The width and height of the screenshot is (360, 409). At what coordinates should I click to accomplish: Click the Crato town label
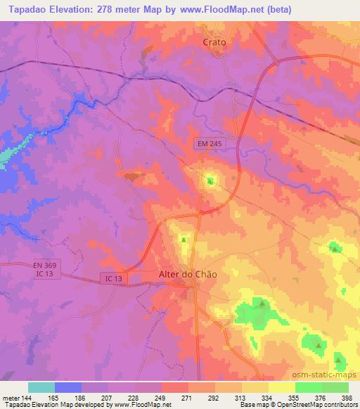(x=214, y=42)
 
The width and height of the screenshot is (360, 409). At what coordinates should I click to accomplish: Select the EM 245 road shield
(x=210, y=143)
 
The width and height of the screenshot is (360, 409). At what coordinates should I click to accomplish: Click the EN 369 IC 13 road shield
(x=44, y=268)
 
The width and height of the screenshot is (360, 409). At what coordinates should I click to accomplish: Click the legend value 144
(x=25, y=397)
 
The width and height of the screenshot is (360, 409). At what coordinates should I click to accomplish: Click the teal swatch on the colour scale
(x=41, y=387)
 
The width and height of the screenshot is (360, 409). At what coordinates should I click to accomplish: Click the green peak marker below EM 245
(x=210, y=181)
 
